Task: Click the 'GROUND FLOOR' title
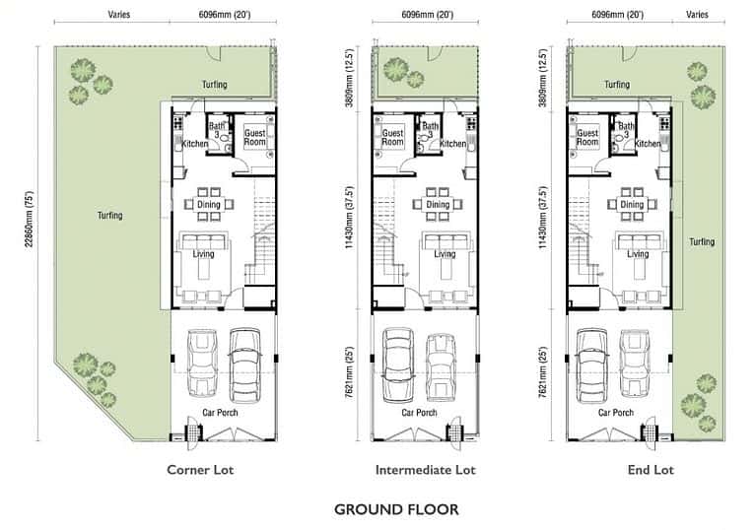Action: click(x=396, y=509)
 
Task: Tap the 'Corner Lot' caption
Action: click(x=200, y=470)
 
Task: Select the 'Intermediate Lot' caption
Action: click(x=425, y=470)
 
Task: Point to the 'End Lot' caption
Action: click(x=651, y=470)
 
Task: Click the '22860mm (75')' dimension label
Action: click(x=30, y=219)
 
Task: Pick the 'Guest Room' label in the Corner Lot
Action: click(x=254, y=137)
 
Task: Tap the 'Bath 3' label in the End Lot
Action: click(x=626, y=130)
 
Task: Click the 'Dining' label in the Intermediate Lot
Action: click(x=438, y=205)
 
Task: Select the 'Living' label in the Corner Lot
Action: click(x=203, y=254)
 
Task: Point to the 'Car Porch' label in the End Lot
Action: click(x=616, y=413)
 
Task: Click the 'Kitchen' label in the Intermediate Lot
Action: click(x=453, y=144)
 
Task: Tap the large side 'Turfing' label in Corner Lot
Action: click(x=109, y=215)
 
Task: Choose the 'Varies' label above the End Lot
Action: click(x=697, y=15)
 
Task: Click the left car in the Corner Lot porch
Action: click(x=202, y=363)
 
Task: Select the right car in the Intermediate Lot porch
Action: click(x=441, y=367)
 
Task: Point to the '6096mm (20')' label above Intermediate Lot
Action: click(x=427, y=15)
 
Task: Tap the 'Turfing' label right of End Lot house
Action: click(x=702, y=241)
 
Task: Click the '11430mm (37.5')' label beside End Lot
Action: click(x=543, y=218)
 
